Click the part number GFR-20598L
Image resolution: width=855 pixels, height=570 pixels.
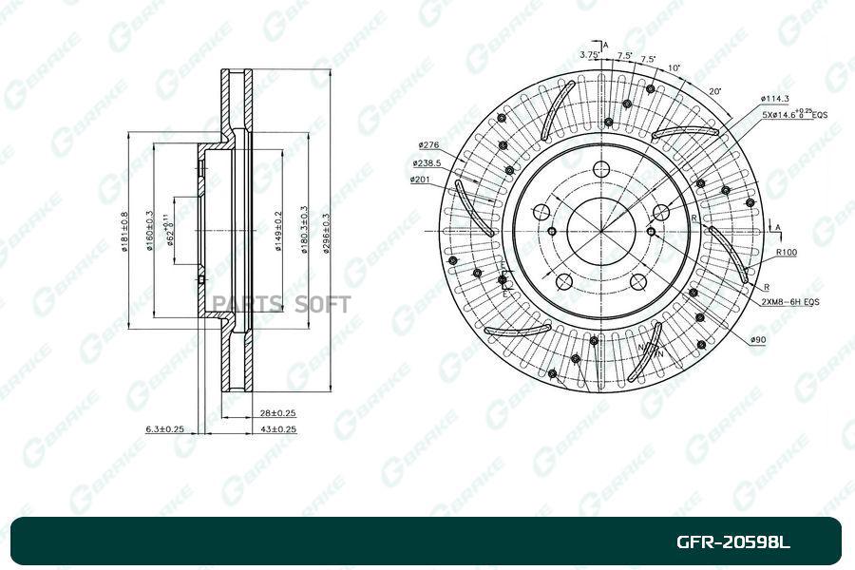[732, 543]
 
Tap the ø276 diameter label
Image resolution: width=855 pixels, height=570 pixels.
[427, 145]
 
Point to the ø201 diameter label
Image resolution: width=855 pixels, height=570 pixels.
[421, 179]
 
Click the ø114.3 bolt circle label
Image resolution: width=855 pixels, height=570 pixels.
[775, 99]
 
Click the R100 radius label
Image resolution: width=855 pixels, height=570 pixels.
[786, 253]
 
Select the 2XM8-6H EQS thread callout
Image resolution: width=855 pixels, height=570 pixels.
[789, 301]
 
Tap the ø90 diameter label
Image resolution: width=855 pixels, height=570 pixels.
[758, 339]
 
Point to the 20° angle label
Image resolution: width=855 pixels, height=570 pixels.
[714, 91]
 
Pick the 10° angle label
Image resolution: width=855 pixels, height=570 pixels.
[674, 68]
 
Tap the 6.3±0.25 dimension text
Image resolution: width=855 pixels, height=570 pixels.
[163, 429]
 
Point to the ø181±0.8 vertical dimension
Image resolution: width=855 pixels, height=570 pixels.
[125, 234]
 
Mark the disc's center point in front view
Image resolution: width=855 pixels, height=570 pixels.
[600, 231]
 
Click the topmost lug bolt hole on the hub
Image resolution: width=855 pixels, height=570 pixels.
[600, 170]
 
